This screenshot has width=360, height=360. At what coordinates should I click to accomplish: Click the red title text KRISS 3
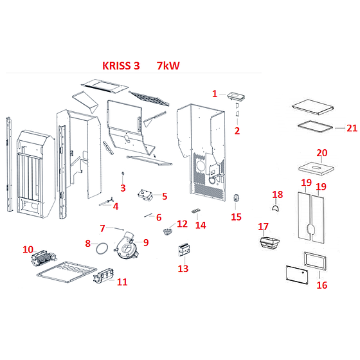(121, 66)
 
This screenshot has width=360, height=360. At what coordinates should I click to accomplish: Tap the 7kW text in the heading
(168, 66)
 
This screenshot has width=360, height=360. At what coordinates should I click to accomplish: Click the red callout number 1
(215, 94)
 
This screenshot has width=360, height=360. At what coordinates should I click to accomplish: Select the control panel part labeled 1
(236, 96)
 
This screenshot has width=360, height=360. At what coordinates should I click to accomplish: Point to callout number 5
(165, 196)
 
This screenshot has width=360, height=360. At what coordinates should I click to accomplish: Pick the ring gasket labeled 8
(102, 248)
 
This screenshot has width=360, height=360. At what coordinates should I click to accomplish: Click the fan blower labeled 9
(127, 245)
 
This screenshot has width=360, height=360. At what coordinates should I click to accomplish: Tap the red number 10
(28, 249)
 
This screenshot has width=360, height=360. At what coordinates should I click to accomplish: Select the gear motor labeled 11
(104, 276)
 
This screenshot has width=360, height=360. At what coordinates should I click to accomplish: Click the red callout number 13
(183, 269)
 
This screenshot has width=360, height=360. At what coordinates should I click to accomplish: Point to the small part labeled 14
(196, 211)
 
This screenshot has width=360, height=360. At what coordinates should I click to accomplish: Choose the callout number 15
(237, 217)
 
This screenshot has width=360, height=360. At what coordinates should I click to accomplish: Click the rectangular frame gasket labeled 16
(315, 261)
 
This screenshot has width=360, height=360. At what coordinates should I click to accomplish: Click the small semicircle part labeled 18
(275, 208)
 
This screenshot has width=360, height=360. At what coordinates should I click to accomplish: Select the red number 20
(322, 153)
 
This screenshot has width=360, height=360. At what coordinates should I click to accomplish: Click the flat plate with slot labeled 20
(316, 169)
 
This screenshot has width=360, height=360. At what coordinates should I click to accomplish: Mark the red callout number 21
(352, 128)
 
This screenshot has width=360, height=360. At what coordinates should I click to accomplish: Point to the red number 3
(123, 188)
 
